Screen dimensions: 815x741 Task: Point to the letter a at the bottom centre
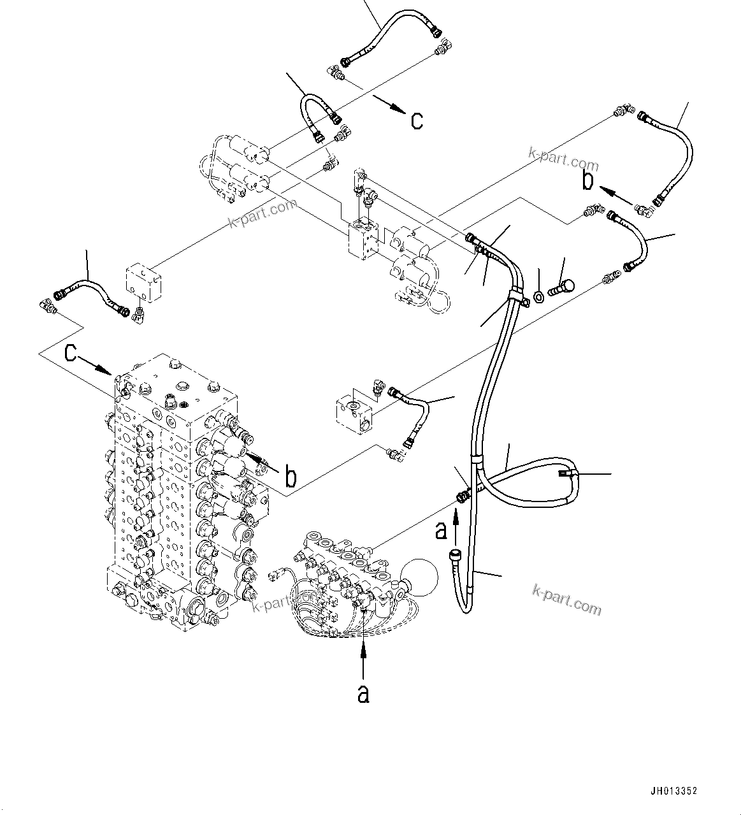pyautogui.click(x=363, y=694)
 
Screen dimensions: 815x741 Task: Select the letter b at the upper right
pyautogui.click(x=587, y=180)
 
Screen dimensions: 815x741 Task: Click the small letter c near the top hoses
pyautogui.click(x=417, y=120)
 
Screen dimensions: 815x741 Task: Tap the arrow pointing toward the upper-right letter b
pyautogui.click(x=618, y=196)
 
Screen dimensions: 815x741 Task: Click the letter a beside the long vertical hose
pyautogui.click(x=440, y=530)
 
